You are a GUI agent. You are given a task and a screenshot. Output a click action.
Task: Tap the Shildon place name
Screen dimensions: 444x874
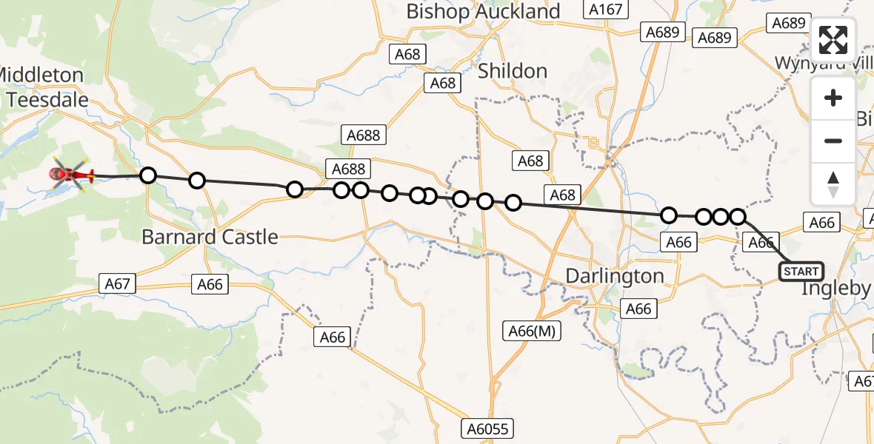point(513,71)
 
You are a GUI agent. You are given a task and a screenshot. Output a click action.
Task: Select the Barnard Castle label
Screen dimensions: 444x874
point(210,238)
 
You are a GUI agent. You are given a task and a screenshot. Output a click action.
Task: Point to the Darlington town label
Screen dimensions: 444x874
point(615,276)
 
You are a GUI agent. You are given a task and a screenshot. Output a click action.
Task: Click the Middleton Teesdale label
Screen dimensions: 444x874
point(43,87)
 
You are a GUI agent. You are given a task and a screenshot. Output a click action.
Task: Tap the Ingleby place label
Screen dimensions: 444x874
point(836,289)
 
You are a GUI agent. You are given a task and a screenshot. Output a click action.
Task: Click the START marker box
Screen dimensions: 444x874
point(801,272)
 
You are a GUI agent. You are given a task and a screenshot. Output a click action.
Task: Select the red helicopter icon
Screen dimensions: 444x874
point(70,175)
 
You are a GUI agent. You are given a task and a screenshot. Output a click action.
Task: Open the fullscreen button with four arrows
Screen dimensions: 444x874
point(833,40)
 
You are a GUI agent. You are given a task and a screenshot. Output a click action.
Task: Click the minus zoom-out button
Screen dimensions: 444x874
point(833,141)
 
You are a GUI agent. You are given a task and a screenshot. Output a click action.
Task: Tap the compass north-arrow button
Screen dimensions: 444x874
point(833,184)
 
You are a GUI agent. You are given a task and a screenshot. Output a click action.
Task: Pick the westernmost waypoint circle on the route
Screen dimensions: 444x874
point(148,175)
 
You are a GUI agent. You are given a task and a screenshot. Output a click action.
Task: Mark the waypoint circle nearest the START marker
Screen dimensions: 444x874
point(738,216)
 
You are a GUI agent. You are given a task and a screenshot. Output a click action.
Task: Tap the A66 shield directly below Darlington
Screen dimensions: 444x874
point(638,309)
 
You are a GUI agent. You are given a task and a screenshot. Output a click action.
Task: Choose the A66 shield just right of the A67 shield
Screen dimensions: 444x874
point(210,285)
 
